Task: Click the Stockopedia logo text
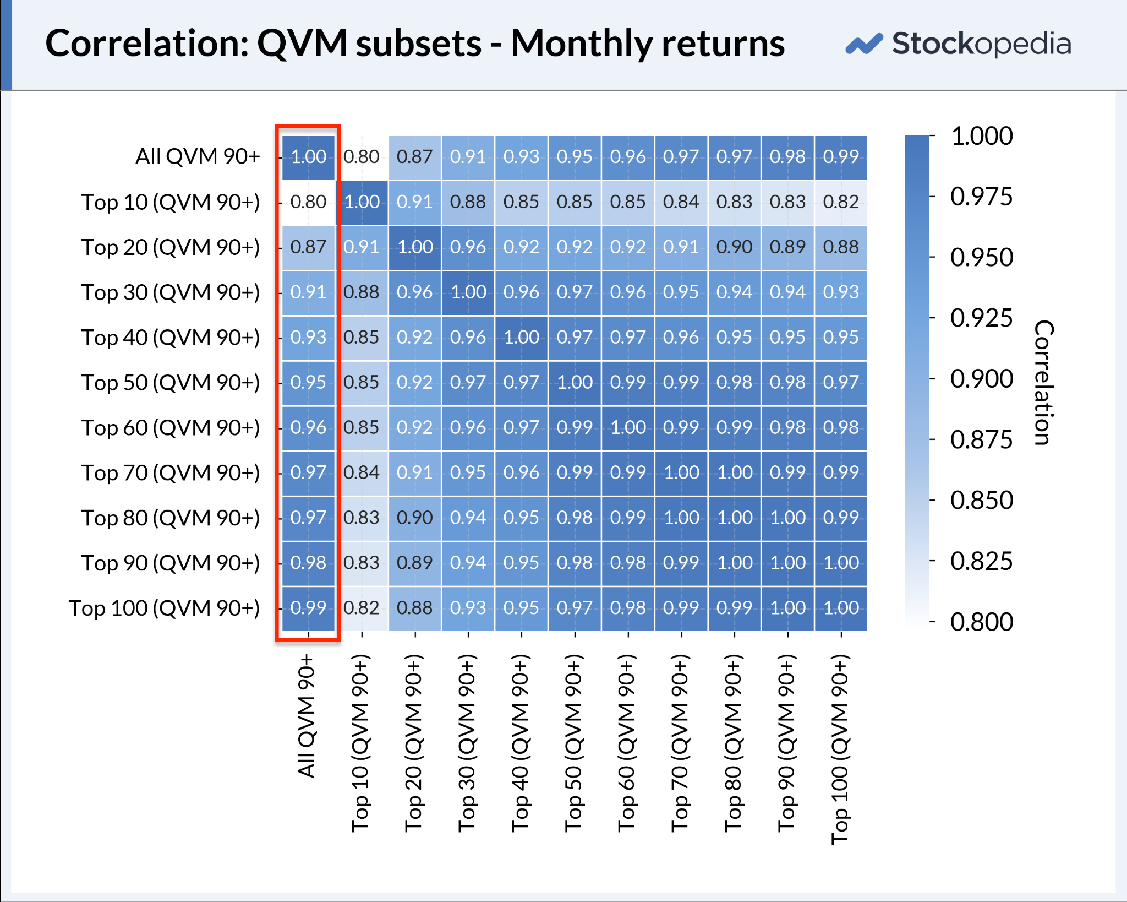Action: pos(981,45)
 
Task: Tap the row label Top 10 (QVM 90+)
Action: pos(171,202)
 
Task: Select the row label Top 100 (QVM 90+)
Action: pos(164,608)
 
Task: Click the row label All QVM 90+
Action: pos(198,156)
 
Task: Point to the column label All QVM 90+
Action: pos(307,716)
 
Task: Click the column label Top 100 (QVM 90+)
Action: pos(840,749)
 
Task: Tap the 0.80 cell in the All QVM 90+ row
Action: pos(362,157)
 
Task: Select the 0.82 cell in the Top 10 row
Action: pos(841,202)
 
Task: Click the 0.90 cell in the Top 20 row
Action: pos(734,247)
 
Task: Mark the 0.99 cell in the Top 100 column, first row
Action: pos(841,157)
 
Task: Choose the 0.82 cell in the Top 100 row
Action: pos(362,608)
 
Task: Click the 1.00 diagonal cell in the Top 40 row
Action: pos(522,338)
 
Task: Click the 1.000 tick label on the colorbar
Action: pos(982,136)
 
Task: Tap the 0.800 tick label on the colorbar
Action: pos(982,622)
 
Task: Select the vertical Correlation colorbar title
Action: pos(1044,382)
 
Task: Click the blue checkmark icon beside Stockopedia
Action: pos(864,44)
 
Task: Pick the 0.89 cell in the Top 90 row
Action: pos(415,563)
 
